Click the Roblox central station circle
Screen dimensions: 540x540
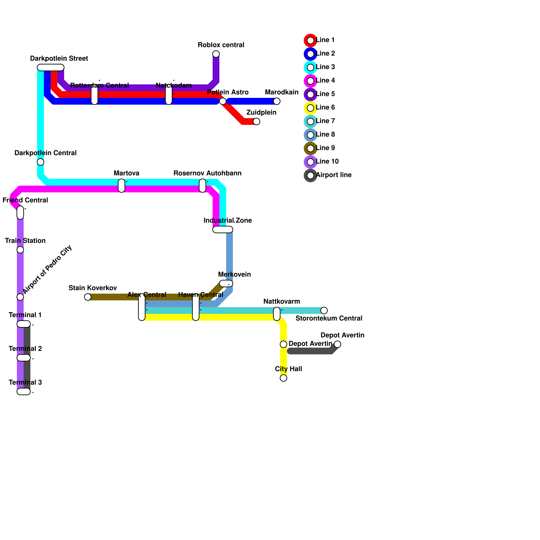216,54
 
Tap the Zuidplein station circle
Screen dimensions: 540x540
256,122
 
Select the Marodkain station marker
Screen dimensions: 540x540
277,101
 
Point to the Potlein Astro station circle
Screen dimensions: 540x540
223,101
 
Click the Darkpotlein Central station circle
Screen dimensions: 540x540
40,162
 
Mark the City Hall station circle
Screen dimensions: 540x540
283,378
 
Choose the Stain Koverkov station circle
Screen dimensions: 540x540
88,297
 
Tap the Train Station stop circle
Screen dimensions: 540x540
20,250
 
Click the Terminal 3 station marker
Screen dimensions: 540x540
24,391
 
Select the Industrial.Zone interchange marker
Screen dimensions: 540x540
223,230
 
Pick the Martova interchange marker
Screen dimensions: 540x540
122,186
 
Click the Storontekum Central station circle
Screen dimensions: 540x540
324,310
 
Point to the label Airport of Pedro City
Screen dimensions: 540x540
47,269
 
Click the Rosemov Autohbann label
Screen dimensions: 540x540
207,173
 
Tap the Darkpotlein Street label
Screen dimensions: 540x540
59,59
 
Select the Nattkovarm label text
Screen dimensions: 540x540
281,301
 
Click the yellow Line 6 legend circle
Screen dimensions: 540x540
310,108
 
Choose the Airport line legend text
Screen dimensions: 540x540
334,175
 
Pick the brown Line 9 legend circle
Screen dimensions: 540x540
310,148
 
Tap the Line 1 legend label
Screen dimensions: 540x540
325,40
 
